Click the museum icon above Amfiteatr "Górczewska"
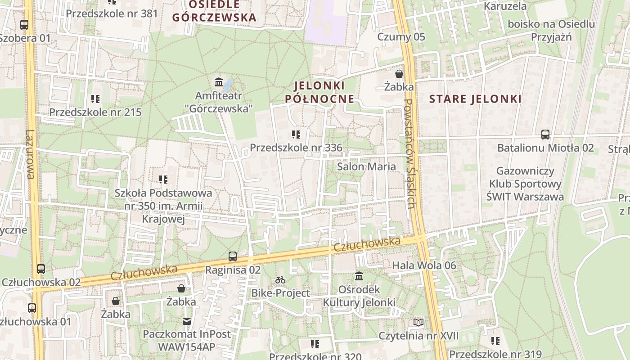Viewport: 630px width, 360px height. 219,82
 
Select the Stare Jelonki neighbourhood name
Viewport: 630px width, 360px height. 475,99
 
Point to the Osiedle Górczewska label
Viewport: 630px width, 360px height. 214,11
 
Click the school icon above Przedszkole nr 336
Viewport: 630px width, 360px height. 296,134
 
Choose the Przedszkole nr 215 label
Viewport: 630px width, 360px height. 95,112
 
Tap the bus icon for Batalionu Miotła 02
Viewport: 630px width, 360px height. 545,134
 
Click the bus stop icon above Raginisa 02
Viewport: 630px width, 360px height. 232,256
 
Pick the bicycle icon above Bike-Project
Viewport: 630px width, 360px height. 280,280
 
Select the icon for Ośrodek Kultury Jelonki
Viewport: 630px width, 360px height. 359,276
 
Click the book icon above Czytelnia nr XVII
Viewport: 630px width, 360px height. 418,322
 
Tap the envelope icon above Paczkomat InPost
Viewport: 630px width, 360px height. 186,321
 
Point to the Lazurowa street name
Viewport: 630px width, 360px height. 30,154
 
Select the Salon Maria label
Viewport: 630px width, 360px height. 367,166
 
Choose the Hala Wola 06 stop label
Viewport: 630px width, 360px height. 424,265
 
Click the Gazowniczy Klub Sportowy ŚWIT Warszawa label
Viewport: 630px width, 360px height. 525,184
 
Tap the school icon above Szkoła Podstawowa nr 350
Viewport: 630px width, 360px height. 163,180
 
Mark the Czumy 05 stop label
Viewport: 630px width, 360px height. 401,37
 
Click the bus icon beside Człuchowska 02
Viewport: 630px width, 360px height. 41,269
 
